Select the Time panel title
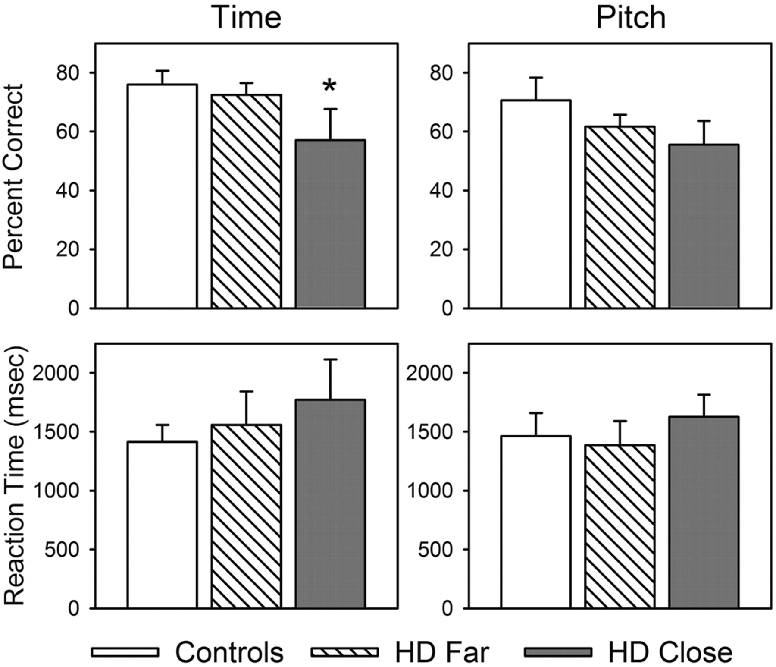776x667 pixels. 247,18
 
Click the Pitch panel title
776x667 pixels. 631,18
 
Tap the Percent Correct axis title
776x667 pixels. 13,176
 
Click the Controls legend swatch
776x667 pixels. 125,651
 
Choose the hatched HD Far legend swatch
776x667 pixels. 344,651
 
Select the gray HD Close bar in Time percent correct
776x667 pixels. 330,224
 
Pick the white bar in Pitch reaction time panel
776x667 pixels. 536,522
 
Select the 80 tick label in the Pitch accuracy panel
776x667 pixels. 440,73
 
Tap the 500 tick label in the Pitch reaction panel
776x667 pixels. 436,550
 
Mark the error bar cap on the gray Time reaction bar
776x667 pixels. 331,359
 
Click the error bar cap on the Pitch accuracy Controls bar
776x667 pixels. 536,78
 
